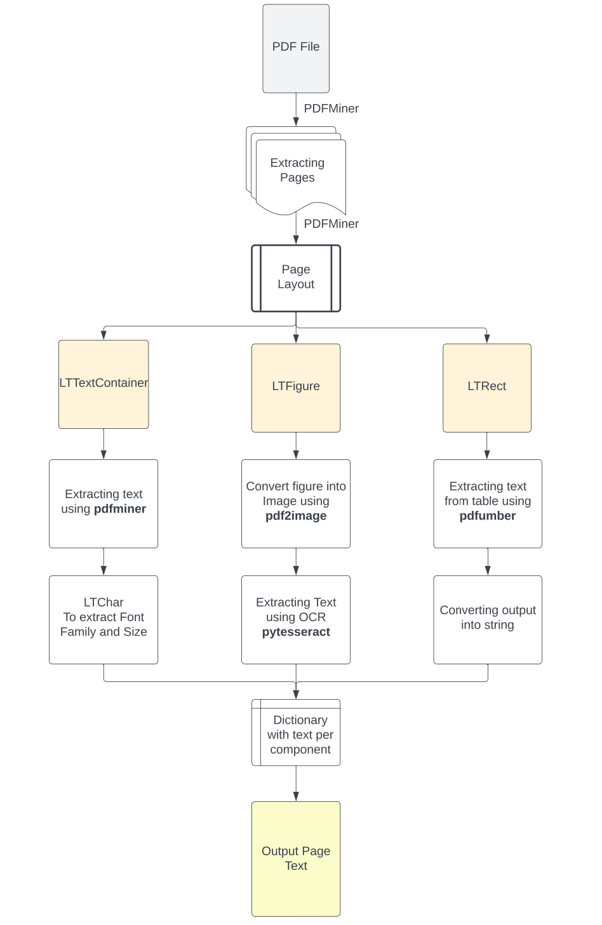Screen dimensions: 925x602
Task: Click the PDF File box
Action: [296, 48]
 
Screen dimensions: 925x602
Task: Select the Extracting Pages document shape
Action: [297, 171]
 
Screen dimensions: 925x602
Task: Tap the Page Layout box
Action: [296, 277]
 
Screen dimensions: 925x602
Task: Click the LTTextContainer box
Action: [104, 384]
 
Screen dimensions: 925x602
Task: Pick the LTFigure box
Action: [296, 387]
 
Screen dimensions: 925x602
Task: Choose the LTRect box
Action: [487, 387]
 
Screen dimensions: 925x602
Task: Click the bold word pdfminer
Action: [120, 509]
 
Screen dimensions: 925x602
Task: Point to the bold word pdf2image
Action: [296, 516]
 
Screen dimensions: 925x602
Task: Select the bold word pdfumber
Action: [488, 516]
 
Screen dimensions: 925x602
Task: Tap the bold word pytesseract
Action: [296, 632]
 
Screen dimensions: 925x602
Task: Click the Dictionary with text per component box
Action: [296, 733]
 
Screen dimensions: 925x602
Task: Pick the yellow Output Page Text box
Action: [296, 858]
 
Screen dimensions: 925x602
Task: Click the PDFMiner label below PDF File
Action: [331, 108]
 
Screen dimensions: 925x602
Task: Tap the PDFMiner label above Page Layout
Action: [331, 224]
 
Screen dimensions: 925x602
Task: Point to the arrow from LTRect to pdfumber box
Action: [487, 445]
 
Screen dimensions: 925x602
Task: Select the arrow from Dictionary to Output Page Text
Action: [296, 784]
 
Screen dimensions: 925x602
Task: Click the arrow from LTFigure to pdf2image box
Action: [296, 445]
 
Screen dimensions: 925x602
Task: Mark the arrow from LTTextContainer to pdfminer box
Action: [104, 443]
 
